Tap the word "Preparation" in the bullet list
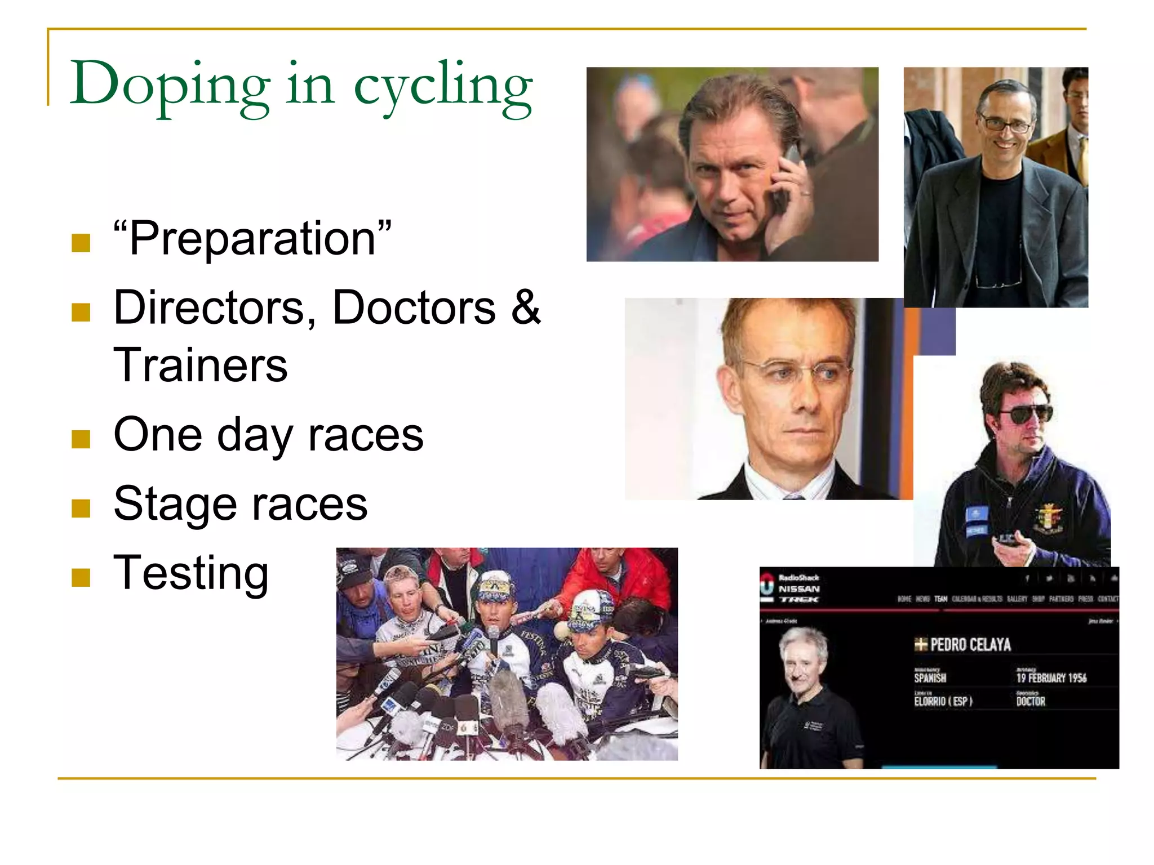click(252, 239)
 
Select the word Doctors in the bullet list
click(414, 307)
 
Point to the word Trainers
click(201, 365)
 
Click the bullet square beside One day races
click(81, 439)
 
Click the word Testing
click(191, 573)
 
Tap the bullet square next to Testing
click(81, 577)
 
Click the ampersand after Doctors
click(525, 307)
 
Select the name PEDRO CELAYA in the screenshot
click(970, 645)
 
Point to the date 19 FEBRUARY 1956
click(1051, 678)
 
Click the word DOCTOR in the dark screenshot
click(1031, 702)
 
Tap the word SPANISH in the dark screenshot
click(930, 678)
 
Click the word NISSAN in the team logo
click(799, 589)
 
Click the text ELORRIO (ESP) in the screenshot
click(943, 702)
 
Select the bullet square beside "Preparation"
click(81, 243)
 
